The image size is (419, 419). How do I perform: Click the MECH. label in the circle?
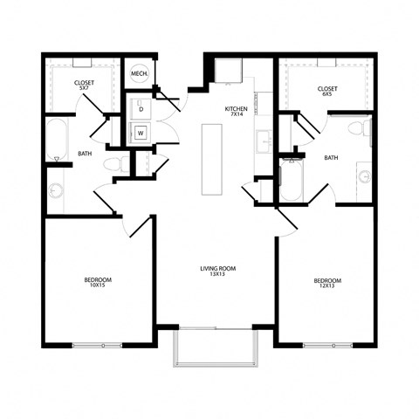click(x=138, y=74)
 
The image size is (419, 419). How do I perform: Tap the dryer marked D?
click(x=141, y=109)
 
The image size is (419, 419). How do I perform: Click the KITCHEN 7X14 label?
click(x=236, y=111)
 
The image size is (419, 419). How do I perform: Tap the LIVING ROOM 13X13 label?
click(x=218, y=272)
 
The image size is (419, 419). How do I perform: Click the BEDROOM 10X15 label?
click(x=97, y=283)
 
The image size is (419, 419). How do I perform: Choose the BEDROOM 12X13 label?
click(x=327, y=283)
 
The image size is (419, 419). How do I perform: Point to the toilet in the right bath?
click(x=356, y=130)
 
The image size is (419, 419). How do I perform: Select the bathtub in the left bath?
click(x=56, y=138)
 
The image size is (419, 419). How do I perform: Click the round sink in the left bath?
click(x=58, y=191)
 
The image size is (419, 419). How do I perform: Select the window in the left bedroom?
click(x=97, y=346)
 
